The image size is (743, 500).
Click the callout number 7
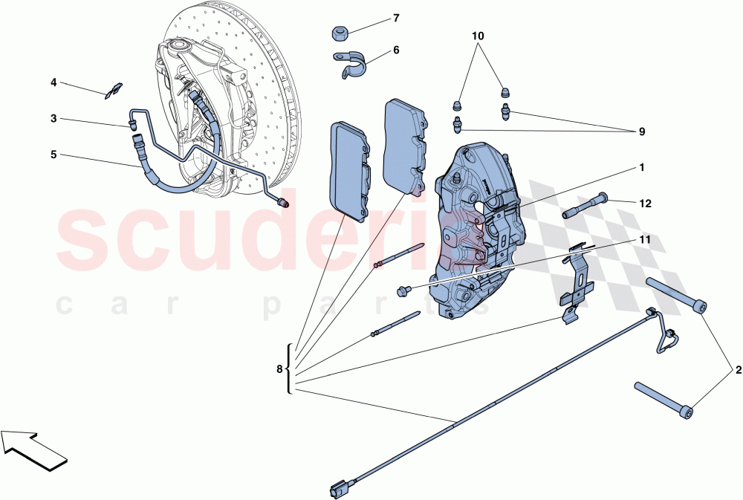click(396, 18)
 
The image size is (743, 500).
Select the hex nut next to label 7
click(341, 33)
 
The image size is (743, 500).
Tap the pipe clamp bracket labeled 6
click(351, 65)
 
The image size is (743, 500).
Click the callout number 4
click(53, 83)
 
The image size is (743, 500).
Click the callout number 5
click(53, 155)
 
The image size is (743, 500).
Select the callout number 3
click(53, 119)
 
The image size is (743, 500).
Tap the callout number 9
click(640, 132)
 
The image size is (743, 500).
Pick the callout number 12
click(645, 203)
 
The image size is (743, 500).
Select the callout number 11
click(644, 240)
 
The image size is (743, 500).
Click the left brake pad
click(349, 169)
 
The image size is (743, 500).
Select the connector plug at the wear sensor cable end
click(337, 489)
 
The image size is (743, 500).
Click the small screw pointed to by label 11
click(405, 289)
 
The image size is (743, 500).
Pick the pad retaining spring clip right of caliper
click(576, 286)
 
